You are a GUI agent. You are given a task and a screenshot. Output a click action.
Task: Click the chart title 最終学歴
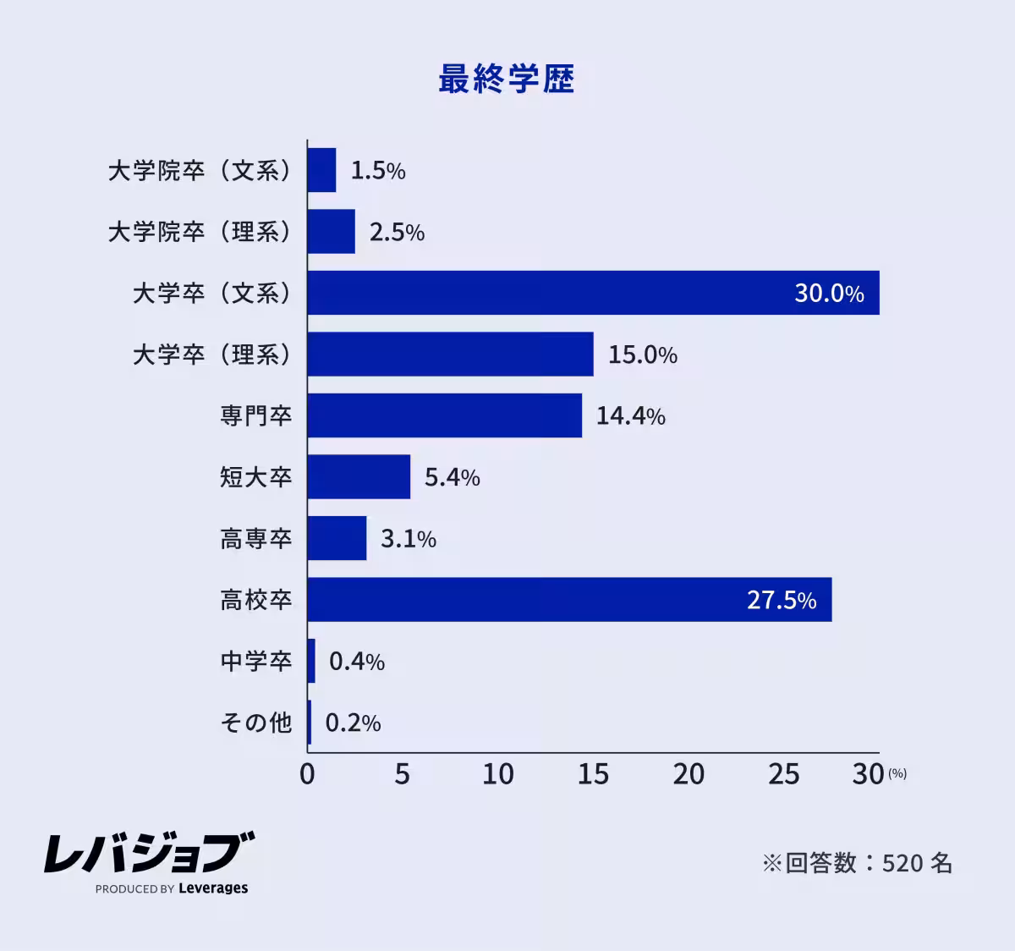[506, 80]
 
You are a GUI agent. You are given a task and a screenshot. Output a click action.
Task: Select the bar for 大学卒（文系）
[592, 293]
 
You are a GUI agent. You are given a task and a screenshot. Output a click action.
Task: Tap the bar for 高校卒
[568, 600]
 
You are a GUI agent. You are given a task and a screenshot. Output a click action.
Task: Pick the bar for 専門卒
[444, 415]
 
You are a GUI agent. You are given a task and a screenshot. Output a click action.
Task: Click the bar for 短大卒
[359, 477]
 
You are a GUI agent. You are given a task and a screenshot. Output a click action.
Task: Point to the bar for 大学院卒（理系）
[331, 232]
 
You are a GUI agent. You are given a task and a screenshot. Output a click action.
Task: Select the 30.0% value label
[829, 294]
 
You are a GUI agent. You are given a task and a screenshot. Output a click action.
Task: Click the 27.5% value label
[782, 601]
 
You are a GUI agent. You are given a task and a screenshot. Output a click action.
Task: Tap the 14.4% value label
[630, 416]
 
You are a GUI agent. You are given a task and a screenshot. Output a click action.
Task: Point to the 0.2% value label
[353, 723]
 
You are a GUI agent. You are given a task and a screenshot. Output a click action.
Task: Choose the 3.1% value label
[409, 539]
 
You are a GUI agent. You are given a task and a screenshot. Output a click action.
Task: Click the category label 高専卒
[256, 539]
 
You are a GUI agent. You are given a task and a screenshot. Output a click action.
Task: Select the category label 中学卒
[256, 662]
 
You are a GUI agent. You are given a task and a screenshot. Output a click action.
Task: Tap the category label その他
[256, 723]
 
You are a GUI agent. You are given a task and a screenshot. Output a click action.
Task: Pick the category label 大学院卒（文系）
[200, 171]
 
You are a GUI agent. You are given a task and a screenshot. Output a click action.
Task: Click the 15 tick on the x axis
[593, 774]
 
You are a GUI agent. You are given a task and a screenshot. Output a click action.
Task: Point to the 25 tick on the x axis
[784, 774]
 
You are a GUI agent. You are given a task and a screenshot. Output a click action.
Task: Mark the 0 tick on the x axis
[307, 774]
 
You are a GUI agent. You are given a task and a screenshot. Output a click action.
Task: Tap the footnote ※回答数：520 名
[857, 863]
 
